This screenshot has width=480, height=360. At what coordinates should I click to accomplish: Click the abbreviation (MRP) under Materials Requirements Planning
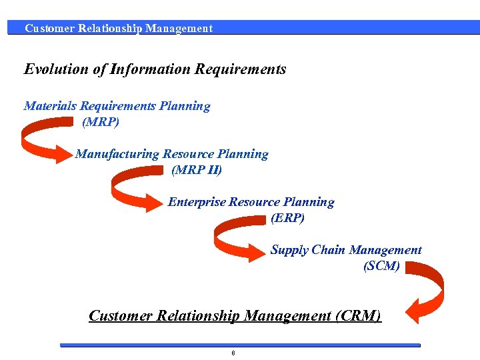101,122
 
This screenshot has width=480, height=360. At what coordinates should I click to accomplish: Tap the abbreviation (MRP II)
197,170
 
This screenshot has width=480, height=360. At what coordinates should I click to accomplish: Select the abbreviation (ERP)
288,218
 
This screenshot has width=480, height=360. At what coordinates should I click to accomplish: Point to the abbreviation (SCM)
382,266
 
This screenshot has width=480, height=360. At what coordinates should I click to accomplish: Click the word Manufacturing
117,154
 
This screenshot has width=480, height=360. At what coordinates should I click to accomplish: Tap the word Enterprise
197,202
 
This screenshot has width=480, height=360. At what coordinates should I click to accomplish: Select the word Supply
289,250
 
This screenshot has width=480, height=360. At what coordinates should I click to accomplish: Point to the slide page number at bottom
233,353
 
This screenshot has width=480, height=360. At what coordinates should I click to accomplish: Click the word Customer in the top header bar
49,28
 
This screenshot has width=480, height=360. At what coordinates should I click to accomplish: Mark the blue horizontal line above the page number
240,345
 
